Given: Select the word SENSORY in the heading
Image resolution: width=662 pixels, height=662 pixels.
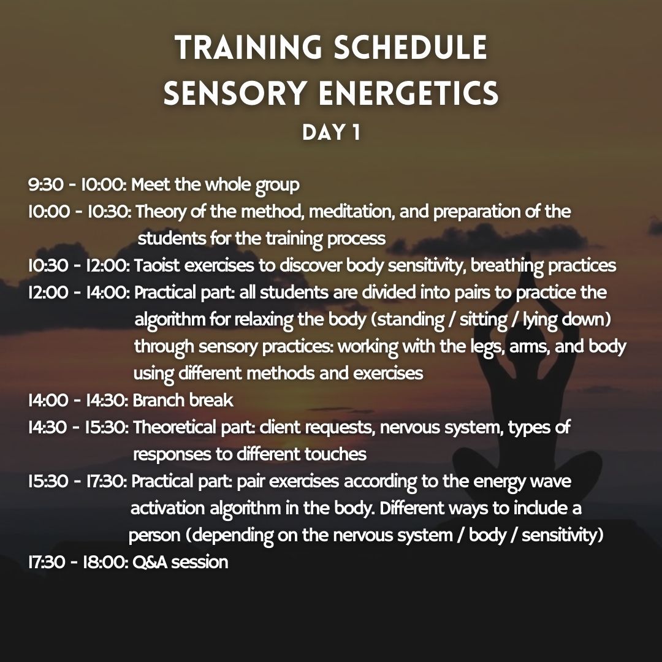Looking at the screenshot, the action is pyautogui.click(x=235, y=93).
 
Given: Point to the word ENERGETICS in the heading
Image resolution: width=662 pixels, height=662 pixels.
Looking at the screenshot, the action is pyautogui.click(x=409, y=93).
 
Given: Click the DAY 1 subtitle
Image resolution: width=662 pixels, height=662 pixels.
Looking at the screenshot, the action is pyautogui.click(x=331, y=132).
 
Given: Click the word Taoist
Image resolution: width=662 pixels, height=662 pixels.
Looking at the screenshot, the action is pyautogui.click(x=158, y=266).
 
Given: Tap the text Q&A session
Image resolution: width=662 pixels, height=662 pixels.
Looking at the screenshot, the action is pyautogui.click(x=180, y=562).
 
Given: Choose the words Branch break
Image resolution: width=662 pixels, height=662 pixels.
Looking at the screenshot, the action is pyautogui.click(x=183, y=401).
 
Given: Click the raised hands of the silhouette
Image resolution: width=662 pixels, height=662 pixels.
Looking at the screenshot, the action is pyautogui.click(x=528, y=291).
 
